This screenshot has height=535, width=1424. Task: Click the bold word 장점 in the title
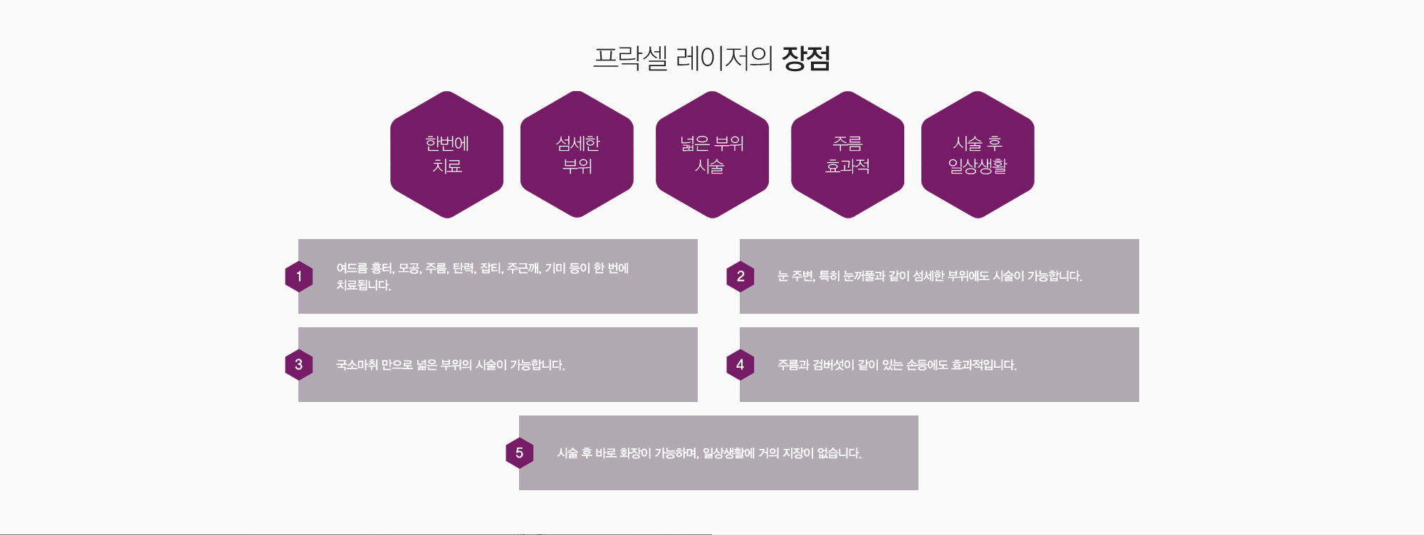tap(806, 58)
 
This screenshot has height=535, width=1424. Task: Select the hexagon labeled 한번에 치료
tap(447, 154)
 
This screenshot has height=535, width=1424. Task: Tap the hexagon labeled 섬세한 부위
tap(577, 154)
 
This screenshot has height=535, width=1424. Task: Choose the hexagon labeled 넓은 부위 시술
tap(712, 154)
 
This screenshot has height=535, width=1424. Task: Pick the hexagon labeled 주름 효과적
tap(847, 154)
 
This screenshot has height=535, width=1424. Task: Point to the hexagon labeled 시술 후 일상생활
tap(978, 154)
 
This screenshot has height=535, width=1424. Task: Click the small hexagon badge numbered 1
tap(299, 277)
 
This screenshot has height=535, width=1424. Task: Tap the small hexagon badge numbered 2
tap(740, 277)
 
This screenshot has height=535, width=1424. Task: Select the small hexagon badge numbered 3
tap(299, 365)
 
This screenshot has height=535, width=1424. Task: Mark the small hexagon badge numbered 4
tap(740, 365)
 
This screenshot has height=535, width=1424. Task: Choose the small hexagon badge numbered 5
tap(520, 453)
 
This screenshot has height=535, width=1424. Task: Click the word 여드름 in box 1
tap(352, 268)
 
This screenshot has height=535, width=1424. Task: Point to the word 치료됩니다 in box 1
tap(364, 285)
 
